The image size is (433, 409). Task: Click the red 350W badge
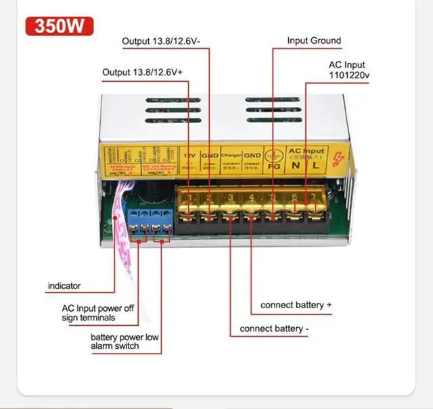(x=58, y=26)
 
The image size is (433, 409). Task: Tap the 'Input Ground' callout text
(x=314, y=41)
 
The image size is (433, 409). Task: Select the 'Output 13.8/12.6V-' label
(x=166, y=41)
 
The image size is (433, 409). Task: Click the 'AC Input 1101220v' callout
(x=348, y=70)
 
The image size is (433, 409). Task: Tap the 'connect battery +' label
(x=296, y=305)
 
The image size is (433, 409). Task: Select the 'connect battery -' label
(x=275, y=330)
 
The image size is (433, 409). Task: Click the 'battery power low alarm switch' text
(x=124, y=341)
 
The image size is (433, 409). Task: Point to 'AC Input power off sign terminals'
(x=98, y=313)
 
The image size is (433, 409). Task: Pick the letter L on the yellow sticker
(x=315, y=164)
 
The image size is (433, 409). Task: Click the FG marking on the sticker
(x=274, y=166)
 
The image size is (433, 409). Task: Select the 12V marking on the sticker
(x=191, y=155)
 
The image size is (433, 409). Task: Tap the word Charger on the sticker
(x=230, y=154)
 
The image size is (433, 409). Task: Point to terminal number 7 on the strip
(x=313, y=197)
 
